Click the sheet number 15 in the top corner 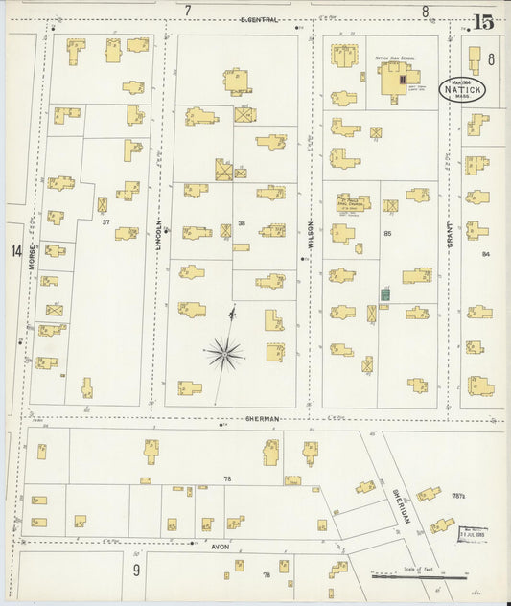click(x=484, y=20)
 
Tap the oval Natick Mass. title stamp click(x=464, y=89)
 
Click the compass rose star click(x=224, y=354)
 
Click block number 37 click(x=105, y=221)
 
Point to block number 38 click(x=243, y=222)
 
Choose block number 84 click(x=486, y=254)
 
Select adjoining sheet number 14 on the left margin click(x=16, y=250)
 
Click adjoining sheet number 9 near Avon click(x=137, y=571)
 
